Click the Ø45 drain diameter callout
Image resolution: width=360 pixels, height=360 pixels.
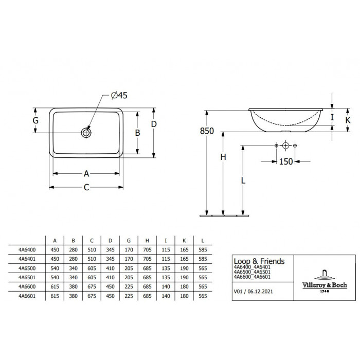pyautogui.click(x=119, y=95)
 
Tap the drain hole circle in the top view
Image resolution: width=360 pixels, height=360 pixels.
pyautogui.click(x=86, y=133)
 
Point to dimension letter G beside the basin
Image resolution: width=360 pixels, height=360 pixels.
pyautogui.click(x=35, y=120)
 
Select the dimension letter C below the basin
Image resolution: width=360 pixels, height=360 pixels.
pyautogui.click(x=86, y=187)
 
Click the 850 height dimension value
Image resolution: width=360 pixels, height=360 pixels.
pyautogui.click(x=207, y=131)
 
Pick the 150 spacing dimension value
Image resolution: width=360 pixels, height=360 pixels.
pyautogui.click(x=286, y=161)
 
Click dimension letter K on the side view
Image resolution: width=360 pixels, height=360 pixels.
pyautogui.click(x=348, y=120)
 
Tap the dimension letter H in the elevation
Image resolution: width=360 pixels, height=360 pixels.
pyautogui.click(x=223, y=157)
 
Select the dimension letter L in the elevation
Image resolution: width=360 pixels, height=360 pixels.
pyautogui.click(x=243, y=181)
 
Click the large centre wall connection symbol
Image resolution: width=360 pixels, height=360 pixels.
pyautogui.click(x=285, y=146)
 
